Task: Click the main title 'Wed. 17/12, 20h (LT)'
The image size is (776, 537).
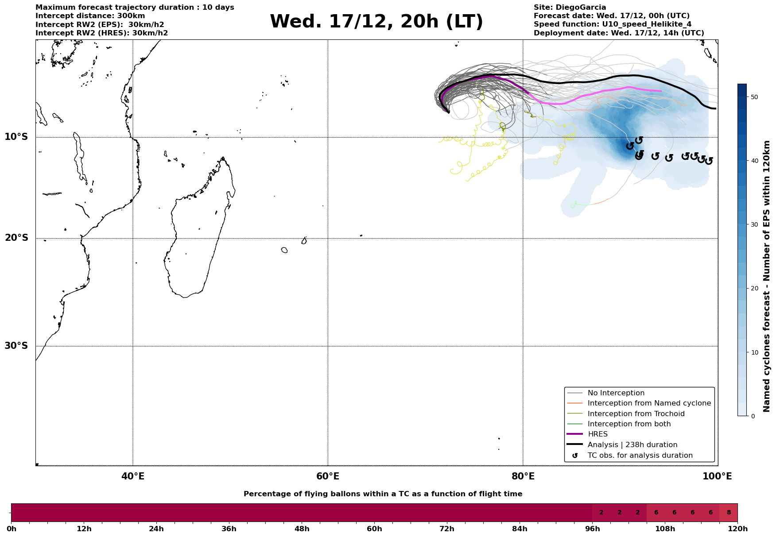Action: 376,22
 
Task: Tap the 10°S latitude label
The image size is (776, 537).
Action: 16,137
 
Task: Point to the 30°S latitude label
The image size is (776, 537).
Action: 16,345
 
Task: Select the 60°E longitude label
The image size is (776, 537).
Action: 328,476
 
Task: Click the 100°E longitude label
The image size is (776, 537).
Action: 718,476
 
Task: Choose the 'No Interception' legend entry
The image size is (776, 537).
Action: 616,393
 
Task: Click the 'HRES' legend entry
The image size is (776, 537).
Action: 598,434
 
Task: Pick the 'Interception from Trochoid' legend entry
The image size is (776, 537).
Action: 636,414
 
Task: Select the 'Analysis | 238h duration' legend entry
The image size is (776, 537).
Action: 632,444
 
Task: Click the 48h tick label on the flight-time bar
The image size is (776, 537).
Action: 302,529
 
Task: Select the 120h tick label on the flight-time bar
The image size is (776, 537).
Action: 737,529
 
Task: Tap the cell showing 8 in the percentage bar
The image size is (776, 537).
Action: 728,513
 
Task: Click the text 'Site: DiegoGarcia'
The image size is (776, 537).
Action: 570,8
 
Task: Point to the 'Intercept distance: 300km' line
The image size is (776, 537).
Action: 90,16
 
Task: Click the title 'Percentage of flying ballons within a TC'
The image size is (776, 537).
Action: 383,494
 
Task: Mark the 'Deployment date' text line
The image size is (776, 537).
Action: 618,33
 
